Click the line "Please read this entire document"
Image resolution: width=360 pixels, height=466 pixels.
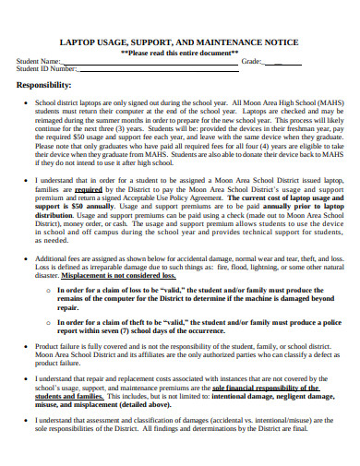coord(180,54)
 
